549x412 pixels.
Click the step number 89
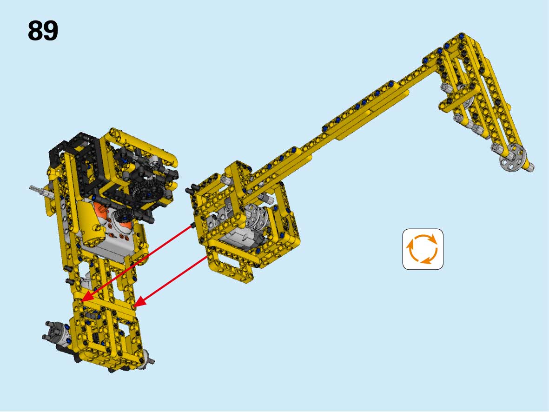click(x=43, y=31)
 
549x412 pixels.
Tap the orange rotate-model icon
click(x=423, y=249)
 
